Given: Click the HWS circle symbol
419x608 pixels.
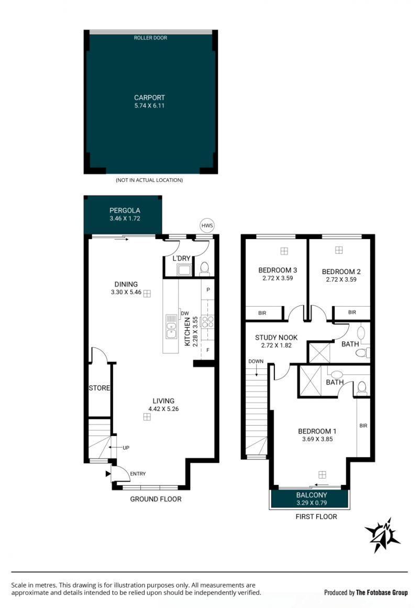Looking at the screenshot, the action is (207, 225).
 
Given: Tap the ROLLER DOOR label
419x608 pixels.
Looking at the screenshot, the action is (150, 38).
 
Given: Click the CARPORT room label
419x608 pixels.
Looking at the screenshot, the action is (150, 97).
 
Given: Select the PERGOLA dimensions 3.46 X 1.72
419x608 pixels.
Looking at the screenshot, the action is (125, 219).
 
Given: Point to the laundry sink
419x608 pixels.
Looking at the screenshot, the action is (184, 269).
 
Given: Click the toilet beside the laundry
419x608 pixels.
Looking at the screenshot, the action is (205, 268).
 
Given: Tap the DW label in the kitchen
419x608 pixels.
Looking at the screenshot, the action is (185, 313).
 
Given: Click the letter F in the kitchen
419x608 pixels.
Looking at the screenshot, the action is (208, 350).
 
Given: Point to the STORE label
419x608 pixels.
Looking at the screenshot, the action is (99, 388).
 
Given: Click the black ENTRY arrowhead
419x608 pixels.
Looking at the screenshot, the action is (108, 473).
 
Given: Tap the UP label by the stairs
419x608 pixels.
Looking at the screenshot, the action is (126, 448).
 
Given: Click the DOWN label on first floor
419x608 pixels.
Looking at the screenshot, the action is (256, 361).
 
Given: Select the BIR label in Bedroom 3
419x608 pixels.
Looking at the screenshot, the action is (262, 313).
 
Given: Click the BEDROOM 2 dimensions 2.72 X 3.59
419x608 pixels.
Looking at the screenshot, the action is (341, 279).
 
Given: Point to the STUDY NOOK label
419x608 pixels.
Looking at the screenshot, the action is (277, 338).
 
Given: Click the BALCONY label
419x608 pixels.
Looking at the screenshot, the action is (312, 495).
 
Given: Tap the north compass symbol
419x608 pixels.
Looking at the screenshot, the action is (382, 535).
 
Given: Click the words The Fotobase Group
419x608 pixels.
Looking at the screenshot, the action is (382, 592).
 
